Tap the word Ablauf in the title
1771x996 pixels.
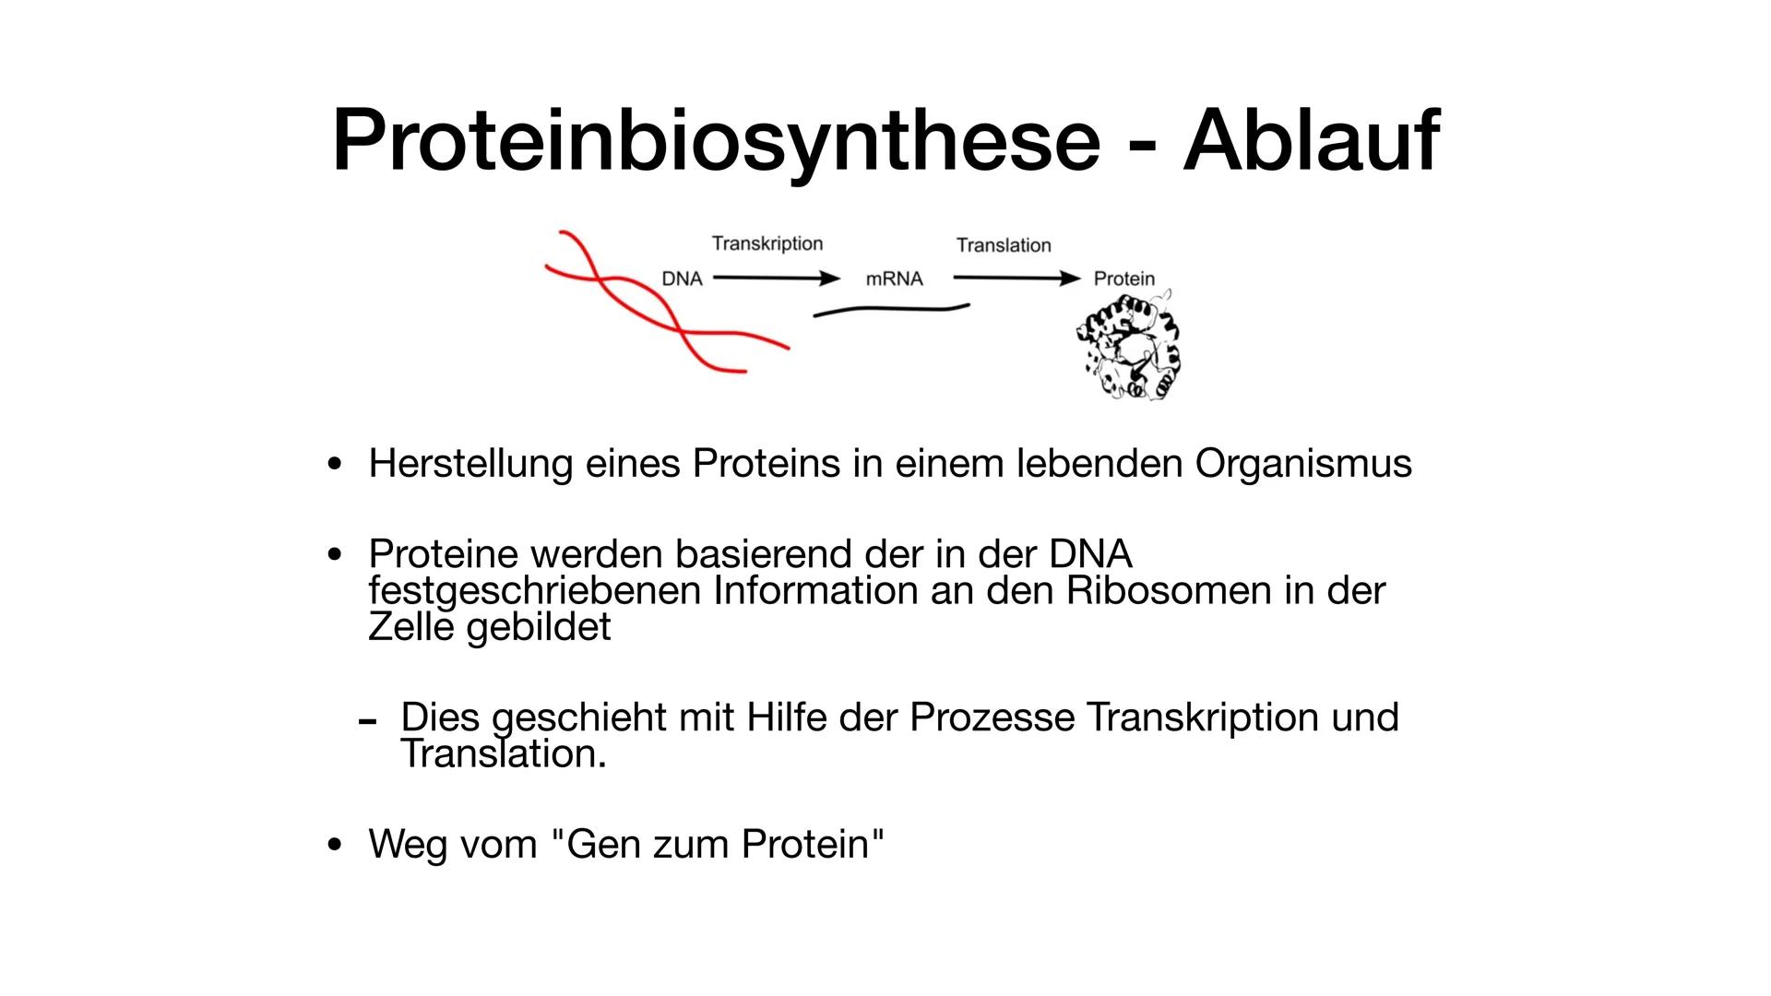point(1310,141)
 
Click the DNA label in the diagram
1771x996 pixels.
point(682,279)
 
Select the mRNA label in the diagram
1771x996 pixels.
point(894,279)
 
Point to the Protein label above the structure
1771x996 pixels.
point(1123,279)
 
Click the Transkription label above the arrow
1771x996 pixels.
point(767,243)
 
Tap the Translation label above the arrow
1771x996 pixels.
point(1004,245)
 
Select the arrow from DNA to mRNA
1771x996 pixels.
point(776,278)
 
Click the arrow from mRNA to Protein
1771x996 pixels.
point(1016,278)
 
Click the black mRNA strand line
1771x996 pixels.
point(890,310)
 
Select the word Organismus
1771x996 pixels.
point(1303,463)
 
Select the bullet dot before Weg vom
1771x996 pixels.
point(335,844)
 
